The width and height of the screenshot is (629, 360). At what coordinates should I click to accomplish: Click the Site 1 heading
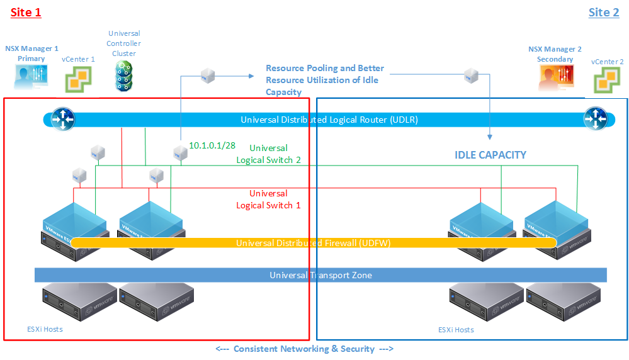(26, 13)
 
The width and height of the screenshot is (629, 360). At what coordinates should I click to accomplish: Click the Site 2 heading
(603, 13)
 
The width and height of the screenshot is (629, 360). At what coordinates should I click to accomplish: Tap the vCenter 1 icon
(79, 81)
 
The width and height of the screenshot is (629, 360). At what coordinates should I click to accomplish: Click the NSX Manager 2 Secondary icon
(555, 79)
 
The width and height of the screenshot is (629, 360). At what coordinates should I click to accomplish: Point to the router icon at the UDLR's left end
(62, 118)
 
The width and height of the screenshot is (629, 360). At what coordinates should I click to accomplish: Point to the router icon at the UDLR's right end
(595, 118)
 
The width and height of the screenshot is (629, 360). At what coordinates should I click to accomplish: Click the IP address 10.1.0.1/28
(212, 145)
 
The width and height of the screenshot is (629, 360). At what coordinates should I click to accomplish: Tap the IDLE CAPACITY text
(490, 155)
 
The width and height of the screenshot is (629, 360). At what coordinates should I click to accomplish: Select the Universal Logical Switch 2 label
(268, 154)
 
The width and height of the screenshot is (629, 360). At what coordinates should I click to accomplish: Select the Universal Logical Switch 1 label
(268, 200)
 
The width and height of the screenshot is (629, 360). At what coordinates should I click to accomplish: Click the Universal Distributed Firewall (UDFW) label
(314, 243)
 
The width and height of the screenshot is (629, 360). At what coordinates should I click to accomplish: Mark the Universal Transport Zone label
(320, 275)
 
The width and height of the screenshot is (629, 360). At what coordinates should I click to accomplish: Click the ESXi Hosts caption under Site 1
(44, 329)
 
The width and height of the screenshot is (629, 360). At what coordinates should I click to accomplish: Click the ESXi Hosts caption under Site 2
(456, 330)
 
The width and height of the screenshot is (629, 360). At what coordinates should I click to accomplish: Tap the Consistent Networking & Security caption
(304, 349)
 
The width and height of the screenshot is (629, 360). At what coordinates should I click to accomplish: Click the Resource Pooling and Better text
(324, 68)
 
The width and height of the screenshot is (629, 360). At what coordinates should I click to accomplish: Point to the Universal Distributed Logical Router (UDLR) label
(329, 120)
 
